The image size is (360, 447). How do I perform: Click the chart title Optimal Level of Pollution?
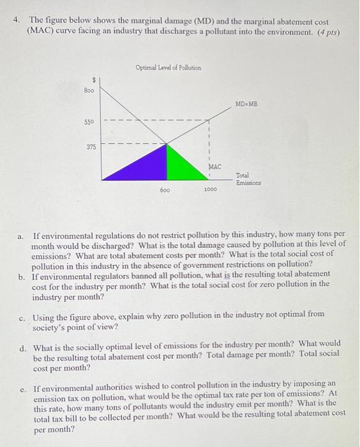pos(168,67)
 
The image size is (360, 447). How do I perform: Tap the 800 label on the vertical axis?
pos(89,91)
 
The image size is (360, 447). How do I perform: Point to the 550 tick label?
pos(89,121)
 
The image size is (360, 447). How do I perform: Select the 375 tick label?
pos(91,147)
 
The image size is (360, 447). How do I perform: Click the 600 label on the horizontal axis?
pos(165,190)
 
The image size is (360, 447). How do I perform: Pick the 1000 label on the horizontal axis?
pos(210,190)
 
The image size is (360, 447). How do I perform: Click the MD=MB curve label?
pos(246,103)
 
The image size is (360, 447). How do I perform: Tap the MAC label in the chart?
pos(214,166)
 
